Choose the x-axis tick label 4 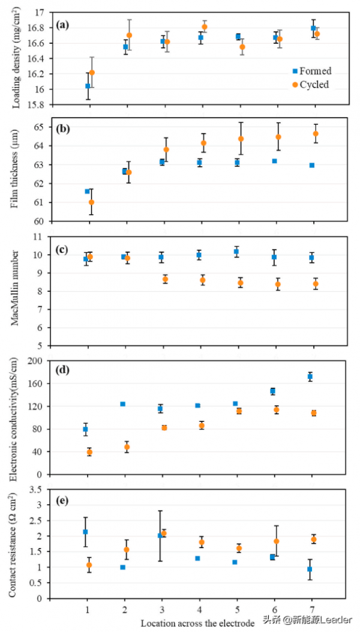click(199, 610)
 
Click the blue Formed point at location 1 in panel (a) click(88, 86)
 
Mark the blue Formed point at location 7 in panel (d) click(310, 377)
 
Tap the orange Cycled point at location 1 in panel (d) click(89, 452)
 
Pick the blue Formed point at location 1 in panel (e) click(85, 532)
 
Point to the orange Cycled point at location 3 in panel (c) click(166, 279)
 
